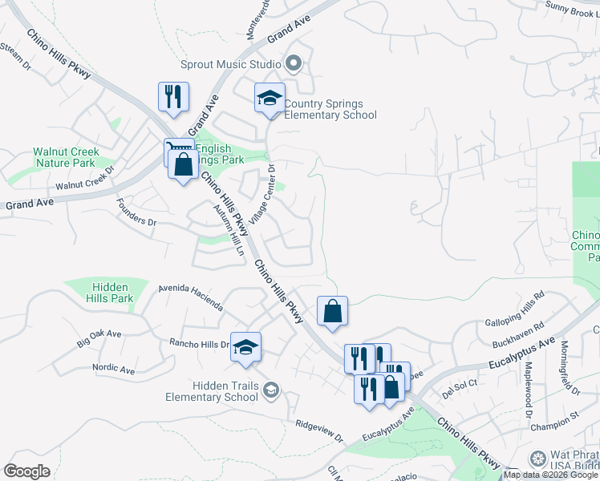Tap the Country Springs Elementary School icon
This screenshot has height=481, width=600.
pos(270,99)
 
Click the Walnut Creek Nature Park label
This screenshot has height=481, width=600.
pos(66,157)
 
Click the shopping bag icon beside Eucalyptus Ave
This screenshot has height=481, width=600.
pos(391,386)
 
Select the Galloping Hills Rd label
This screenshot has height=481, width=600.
pos(515,308)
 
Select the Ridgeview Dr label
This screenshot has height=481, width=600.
pos(318,430)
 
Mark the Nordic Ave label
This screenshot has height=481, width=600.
pos(113,370)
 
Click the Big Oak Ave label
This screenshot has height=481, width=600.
pos(99,338)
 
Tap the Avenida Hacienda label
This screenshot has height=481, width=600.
pos(190,297)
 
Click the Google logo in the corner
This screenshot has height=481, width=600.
pos(26,471)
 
